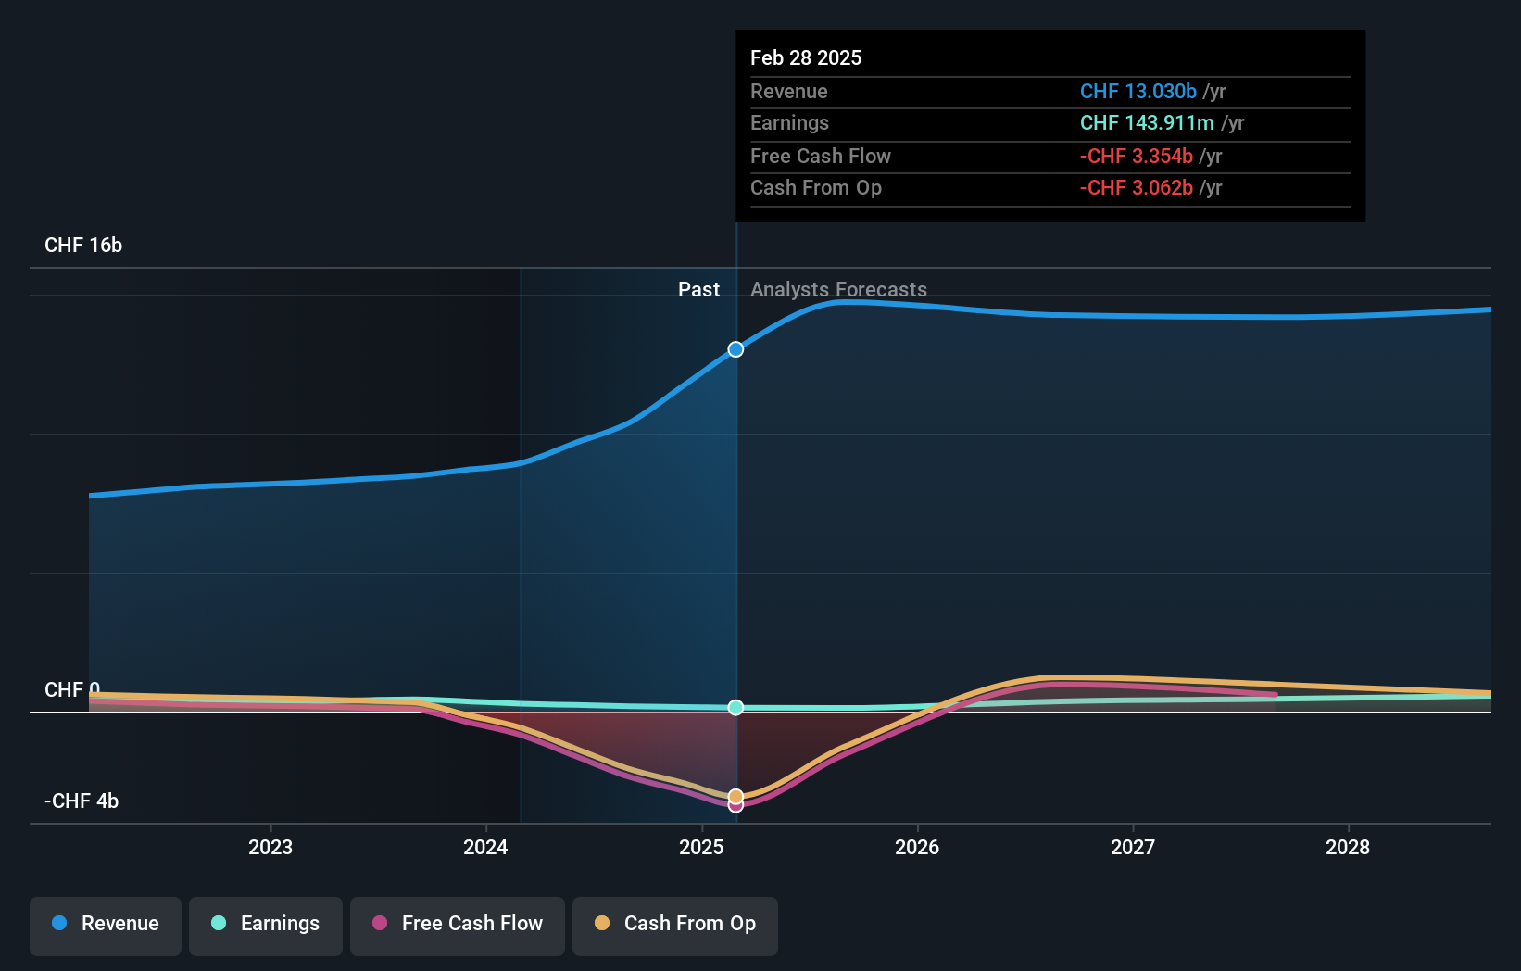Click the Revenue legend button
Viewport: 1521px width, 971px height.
click(106, 924)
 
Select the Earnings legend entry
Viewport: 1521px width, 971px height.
click(266, 924)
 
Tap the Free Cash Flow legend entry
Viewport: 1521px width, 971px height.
click(458, 924)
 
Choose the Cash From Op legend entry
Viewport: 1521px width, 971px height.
click(675, 924)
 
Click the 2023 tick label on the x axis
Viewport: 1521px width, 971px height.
click(270, 847)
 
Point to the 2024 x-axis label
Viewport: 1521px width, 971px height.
click(485, 847)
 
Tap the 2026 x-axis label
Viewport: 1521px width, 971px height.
click(917, 847)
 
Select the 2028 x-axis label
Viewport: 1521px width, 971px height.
click(1348, 847)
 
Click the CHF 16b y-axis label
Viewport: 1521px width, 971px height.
click(83, 246)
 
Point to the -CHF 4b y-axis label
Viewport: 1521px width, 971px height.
click(82, 801)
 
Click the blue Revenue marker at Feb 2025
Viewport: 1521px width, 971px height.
click(735, 349)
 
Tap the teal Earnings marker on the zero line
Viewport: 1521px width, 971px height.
click(735, 708)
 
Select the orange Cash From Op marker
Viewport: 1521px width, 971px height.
click(735, 796)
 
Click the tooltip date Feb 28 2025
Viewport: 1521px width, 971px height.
click(806, 58)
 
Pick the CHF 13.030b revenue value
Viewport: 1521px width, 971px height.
click(1138, 92)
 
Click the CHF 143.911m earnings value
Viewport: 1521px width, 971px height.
click(1146, 123)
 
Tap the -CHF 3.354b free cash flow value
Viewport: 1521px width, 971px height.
click(1136, 157)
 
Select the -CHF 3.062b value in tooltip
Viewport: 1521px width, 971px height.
click(1136, 188)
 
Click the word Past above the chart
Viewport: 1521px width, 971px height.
click(698, 290)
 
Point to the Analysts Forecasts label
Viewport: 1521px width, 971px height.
click(838, 290)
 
